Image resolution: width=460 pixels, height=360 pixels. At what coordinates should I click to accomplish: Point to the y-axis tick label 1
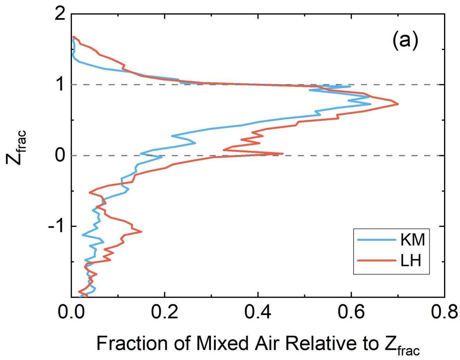tap(61, 85)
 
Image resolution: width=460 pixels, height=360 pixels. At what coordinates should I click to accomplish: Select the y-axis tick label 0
tap(60, 156)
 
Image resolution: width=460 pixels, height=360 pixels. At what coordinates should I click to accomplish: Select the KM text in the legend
tap(412, 239)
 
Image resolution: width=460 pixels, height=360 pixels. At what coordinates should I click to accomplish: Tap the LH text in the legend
tap(411, 260)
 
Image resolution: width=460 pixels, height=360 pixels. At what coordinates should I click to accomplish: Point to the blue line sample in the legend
tap(376, 240)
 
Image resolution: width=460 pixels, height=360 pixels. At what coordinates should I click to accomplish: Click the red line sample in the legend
tap(376, 260)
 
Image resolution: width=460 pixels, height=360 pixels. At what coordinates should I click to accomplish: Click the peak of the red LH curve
tap(398, 104)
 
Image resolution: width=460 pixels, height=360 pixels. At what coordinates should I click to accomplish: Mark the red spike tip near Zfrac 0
tap(283, 153)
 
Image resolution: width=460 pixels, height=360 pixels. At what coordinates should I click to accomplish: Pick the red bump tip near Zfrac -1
tap(141, 231)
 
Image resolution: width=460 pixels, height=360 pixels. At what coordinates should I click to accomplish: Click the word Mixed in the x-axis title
tap(222, 344)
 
